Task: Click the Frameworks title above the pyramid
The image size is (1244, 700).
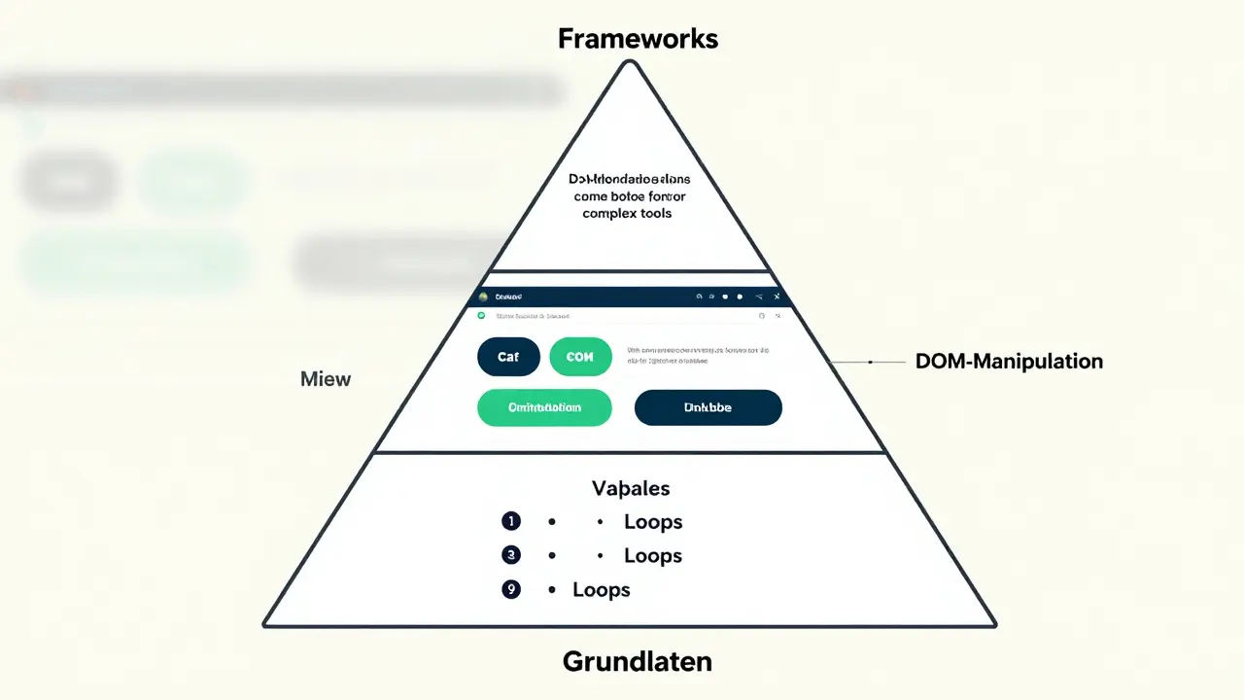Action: click(x=638, y=39)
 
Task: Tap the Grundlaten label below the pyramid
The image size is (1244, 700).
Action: click(x=637, y=662)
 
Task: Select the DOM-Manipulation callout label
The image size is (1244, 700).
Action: click(x=1009, y=362)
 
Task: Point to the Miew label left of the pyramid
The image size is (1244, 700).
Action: click(x=326, y=379)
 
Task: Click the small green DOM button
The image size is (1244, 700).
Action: click(x=580, y=357)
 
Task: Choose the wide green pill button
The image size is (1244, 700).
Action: click(x=544, y=407)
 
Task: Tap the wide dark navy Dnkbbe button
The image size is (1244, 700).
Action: click(x=708, y=407)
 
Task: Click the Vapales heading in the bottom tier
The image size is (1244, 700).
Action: click(x=631, y=488)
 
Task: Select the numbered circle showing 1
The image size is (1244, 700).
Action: click(x=511, y=522)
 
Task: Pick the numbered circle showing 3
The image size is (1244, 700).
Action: click(x=511, y=555)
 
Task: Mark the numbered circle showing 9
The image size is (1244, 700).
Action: click(x=511, y=589)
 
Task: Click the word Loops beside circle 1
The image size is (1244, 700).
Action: click(x=652, y=522)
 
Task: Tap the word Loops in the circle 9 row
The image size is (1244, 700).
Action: click(x=601, y=590)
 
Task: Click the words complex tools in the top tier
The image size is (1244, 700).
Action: click(x=627, y=213)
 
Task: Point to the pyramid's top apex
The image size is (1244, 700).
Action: click(x=630, y=63)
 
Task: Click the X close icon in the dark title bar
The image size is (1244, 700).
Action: click(x=777, y=297)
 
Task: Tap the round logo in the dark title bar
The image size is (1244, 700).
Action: click(x=483, y=297)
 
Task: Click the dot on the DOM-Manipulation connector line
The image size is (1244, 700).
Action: click(x=870, y=362)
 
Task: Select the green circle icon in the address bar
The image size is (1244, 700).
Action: click(x=481, y=316)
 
